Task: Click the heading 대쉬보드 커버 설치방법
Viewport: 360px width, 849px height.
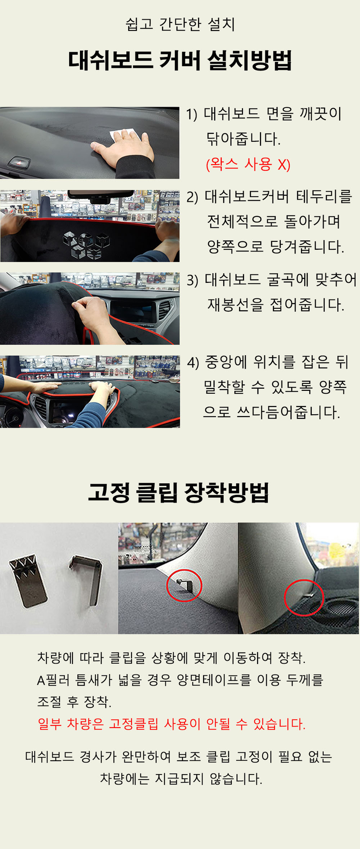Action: click(180, 61)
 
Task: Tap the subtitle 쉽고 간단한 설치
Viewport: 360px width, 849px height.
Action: click(180, 24)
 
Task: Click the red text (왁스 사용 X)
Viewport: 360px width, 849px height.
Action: click(248, 164)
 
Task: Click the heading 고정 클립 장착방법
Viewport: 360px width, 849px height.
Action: click(179, 492)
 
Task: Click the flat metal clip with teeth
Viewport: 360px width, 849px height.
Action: click(28, 580)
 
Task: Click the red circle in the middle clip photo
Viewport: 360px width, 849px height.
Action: click(184, 587)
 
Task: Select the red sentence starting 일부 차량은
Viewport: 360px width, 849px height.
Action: click(172, 723)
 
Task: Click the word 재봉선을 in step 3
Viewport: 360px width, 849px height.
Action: click(235, 305)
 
